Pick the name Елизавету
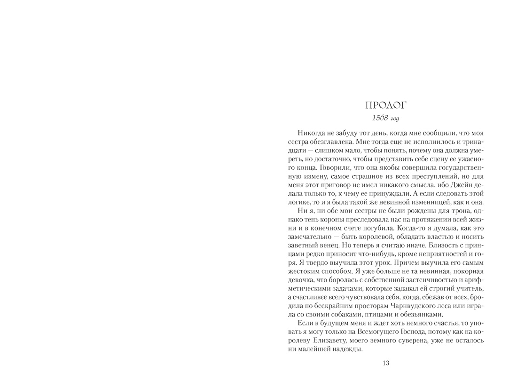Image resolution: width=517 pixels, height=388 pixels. pos(319,341)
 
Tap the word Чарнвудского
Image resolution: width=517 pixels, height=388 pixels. pos(408,307)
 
